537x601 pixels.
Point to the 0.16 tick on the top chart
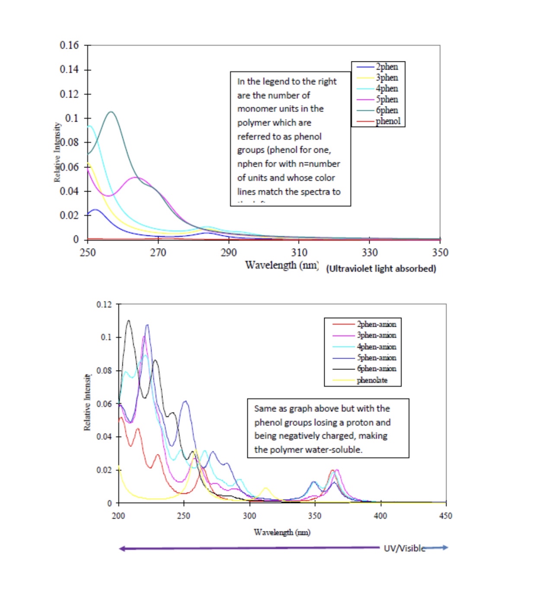pyautogui.click(x=69, y=45)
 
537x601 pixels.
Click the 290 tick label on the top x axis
pyautogui.click(x=229, y=253)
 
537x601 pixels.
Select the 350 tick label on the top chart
pyautogui.click(x=440, y=253)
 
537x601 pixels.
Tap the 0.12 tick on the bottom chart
pyautogui.click(x=104, y=305)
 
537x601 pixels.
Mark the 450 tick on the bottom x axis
pyautogui.click(x=445, y=516)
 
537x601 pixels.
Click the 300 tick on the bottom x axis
pyautogui.click(x=249, y=516)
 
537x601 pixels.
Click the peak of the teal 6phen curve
pyautogui.click(x=111, y=112)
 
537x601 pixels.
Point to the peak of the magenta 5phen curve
pyautogui.click(x=137, y=177)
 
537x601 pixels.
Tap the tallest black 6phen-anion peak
pyautogui.click(x=128, y=321)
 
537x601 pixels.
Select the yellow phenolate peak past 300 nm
pyautogui.click(x=265, y=489)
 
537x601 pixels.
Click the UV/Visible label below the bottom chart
pyautogui.click(x=404, y=548)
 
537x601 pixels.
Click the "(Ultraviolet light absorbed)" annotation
pyautogui.click(x=381, y=269)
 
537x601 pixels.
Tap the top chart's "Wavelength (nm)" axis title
pyautogui.click(x=281, y=265)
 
